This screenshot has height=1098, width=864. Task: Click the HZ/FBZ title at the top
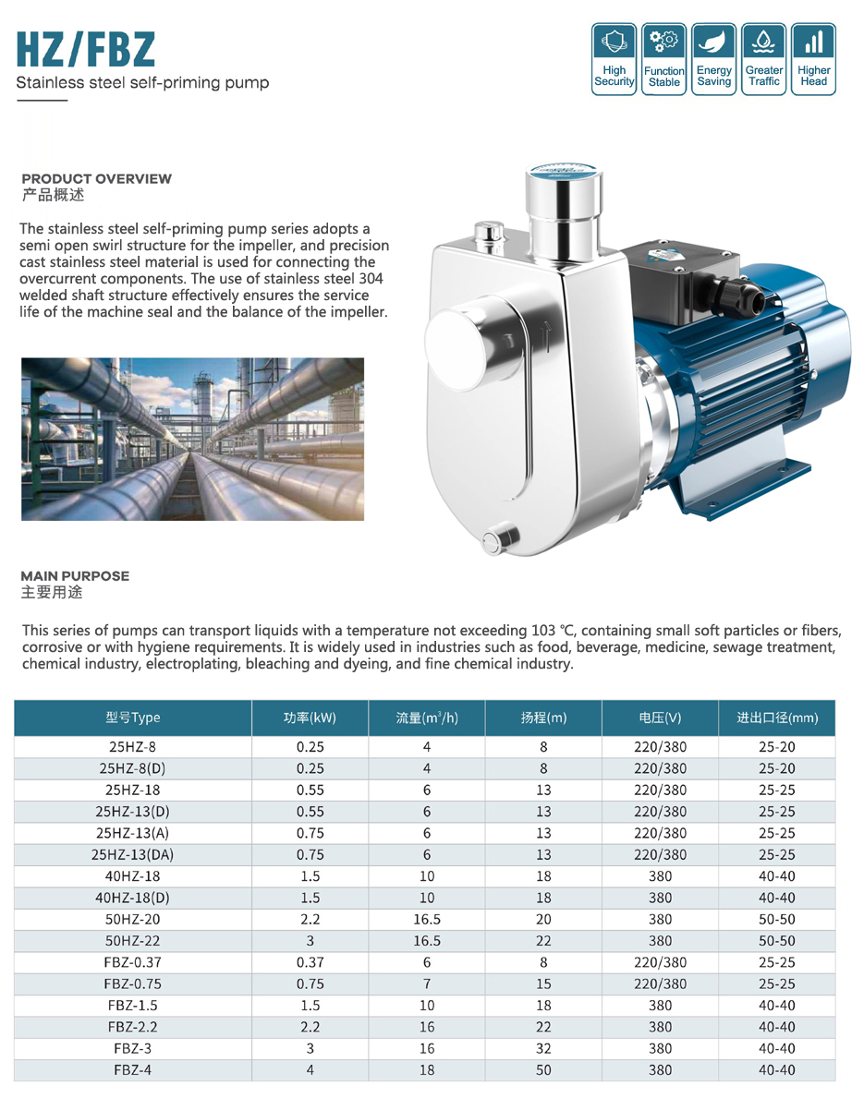click(x=86, y=51)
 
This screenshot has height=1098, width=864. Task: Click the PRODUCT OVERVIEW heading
click(x=97, y=179)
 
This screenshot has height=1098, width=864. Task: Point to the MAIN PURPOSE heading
click(x=75, y=576)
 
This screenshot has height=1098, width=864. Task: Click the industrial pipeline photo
click(x=193, y=440)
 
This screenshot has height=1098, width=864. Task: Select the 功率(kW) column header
click(x=310, y=718)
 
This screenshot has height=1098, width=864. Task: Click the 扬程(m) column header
click(x=543, y=718)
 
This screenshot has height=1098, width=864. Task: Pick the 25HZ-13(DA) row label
click(x=133, y=855)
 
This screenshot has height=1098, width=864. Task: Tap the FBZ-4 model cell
click(x=133, y=1070)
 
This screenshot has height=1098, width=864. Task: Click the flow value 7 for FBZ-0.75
click(x=427, y=984)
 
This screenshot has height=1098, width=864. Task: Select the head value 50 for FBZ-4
click(x=543, y=1070)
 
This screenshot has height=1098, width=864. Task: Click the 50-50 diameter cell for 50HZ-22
click(x=776, y=941)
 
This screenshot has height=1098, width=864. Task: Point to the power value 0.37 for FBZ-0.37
click(x=310, y=962)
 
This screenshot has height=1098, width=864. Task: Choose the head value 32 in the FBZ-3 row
click(x=543, y=1049)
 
